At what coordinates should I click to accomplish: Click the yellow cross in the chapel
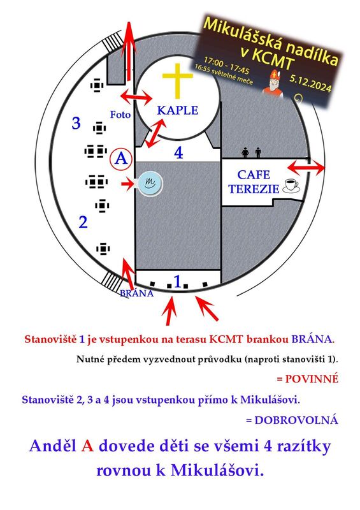178,80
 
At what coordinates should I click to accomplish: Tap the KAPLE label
178,110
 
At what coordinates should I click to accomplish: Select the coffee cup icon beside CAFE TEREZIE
291,186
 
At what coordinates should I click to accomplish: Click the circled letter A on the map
121,159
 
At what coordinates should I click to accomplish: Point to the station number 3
76,123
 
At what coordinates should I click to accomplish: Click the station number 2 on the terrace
83,222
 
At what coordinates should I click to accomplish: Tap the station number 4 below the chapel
178,152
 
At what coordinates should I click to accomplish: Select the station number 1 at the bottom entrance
178,281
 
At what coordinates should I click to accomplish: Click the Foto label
120,115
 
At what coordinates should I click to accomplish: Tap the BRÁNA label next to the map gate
136,293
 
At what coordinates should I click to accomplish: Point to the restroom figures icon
252,152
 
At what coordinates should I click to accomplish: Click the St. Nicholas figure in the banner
273,83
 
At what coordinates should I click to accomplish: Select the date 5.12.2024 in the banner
310,83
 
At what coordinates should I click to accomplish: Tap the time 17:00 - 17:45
226,66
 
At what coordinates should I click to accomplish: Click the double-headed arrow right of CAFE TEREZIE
306,168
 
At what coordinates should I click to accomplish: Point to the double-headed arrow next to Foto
136,96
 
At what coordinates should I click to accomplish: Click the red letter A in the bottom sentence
87,446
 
